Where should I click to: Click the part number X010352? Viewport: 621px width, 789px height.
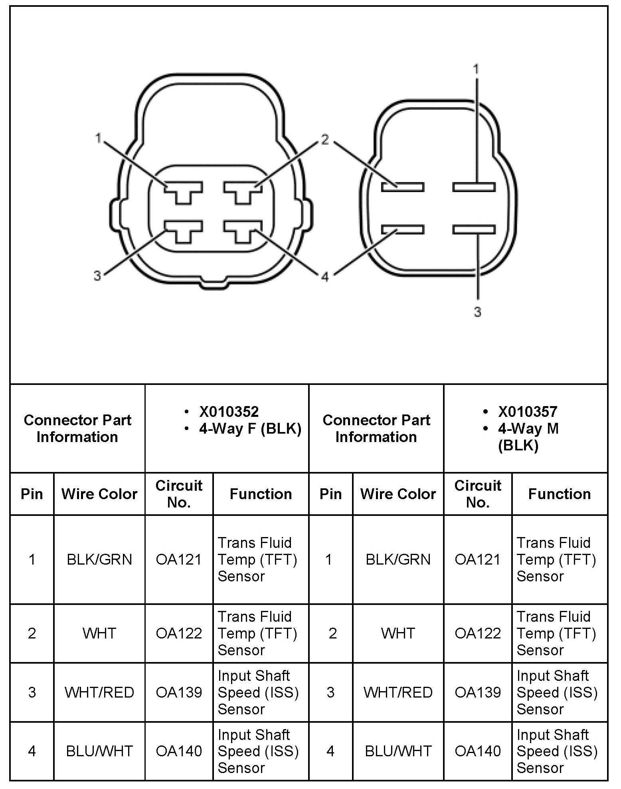[229, 412]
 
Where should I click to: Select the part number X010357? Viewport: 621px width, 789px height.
[528, 412]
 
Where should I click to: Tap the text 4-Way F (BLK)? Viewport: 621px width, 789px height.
[250, 429]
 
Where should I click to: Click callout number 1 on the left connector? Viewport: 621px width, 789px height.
[98, 138]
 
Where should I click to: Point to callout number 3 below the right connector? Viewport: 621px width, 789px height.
[478, 311]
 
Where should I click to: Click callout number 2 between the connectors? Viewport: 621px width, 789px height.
[325, 139]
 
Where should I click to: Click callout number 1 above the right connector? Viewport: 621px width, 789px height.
[476, 69]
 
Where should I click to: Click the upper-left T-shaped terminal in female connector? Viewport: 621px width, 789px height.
[184, 191]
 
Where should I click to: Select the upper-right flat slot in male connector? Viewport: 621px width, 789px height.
[474, 187]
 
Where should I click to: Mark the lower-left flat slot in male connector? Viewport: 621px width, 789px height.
[402, 229]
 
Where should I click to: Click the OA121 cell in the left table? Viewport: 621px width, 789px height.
[179, 559]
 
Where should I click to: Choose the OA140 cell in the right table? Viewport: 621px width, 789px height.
[478, 751]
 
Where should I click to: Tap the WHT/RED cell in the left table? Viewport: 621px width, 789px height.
[99, 692]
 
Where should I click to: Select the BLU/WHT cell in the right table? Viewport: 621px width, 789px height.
[398, 751]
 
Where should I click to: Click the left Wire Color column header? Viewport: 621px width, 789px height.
[99, 494]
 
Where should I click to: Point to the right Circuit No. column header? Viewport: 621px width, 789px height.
[478, 494]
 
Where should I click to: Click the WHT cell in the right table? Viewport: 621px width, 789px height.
[398, 633]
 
